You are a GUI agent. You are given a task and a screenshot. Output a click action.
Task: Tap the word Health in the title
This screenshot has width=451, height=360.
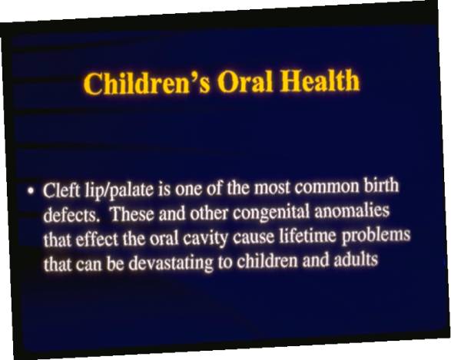point(320,80)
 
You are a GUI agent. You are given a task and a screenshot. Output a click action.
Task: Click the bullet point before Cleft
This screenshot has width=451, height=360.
point(31,191)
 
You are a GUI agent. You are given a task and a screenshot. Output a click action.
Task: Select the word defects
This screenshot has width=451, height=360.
point(71,215)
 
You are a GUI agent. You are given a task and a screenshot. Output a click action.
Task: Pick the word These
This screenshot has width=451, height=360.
point(132,214)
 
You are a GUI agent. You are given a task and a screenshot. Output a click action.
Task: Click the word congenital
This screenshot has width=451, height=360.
point(271,213)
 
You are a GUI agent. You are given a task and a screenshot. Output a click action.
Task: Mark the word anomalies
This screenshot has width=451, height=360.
point(352,210)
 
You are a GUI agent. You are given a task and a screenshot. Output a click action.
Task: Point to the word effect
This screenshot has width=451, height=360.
point(98,239)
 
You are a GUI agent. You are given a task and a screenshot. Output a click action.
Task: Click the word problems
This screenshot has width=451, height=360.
point(376,236)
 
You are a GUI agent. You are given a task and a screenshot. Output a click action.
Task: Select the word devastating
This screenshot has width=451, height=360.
point(171,263)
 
